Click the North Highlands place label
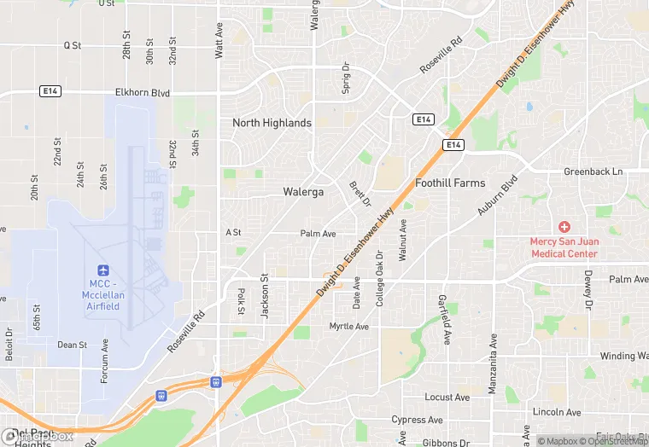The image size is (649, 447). (272, 123)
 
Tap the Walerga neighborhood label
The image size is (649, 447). (303, 192)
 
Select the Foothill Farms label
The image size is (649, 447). (449, 183)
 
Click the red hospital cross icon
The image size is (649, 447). (564, 227)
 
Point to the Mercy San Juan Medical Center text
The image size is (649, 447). (564, 247)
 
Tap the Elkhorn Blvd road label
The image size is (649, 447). (143, 93)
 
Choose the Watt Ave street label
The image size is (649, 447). (219, 42)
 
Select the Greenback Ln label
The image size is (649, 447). (593, 171)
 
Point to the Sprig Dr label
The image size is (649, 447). (347, 77)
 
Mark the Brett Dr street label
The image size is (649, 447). (360, 194)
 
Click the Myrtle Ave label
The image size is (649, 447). (349, 327)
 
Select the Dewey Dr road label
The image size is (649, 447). (588, 289)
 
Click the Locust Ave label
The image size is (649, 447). (447, 398)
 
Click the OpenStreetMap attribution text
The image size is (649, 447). (611, 441)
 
